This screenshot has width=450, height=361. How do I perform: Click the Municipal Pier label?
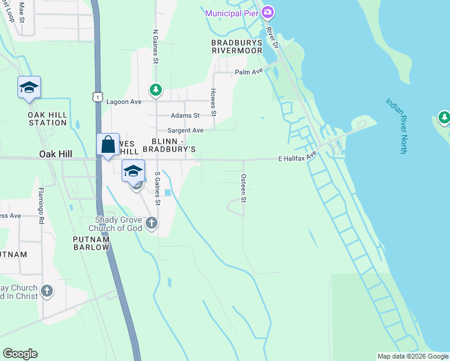pyautogui.click(x=232, y=13)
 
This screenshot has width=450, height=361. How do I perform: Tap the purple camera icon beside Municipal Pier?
pyautogui.click(x=268, y=12)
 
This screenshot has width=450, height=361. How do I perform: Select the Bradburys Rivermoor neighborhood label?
pyautogui.click(x=237, y=47)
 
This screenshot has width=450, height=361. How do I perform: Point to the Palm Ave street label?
pyautogui.click(x=249, y=72)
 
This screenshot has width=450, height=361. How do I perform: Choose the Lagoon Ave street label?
pyautogui.click(x=123, y=102)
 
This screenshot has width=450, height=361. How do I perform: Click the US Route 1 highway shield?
pyautogui.click(x=98, y=96)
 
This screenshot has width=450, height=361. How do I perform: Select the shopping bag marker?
pyautogui.click(x=108, y=145)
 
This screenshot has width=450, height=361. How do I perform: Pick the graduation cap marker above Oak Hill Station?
pyautogui.click(x=29, y=88)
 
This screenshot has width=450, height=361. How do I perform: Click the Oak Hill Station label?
pyautogui.click(x=47, y=119)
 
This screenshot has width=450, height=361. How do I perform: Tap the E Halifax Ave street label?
pyautogui.click(x=297, y=157)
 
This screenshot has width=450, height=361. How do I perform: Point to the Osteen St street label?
pyautogui.click(x=244, y=188)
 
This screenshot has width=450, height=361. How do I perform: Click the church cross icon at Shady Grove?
pyautogui.click(x=152, y=224)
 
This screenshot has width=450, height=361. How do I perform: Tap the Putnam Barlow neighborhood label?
pyautogui.click(x=91, y=243)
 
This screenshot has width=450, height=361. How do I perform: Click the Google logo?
pyautogui.click(x=20, y=354)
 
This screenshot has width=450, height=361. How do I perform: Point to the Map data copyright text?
pyautogui.click(x=412, y=356)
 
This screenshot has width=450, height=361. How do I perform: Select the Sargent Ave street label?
pyautogui.click(x=185, y=130)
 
